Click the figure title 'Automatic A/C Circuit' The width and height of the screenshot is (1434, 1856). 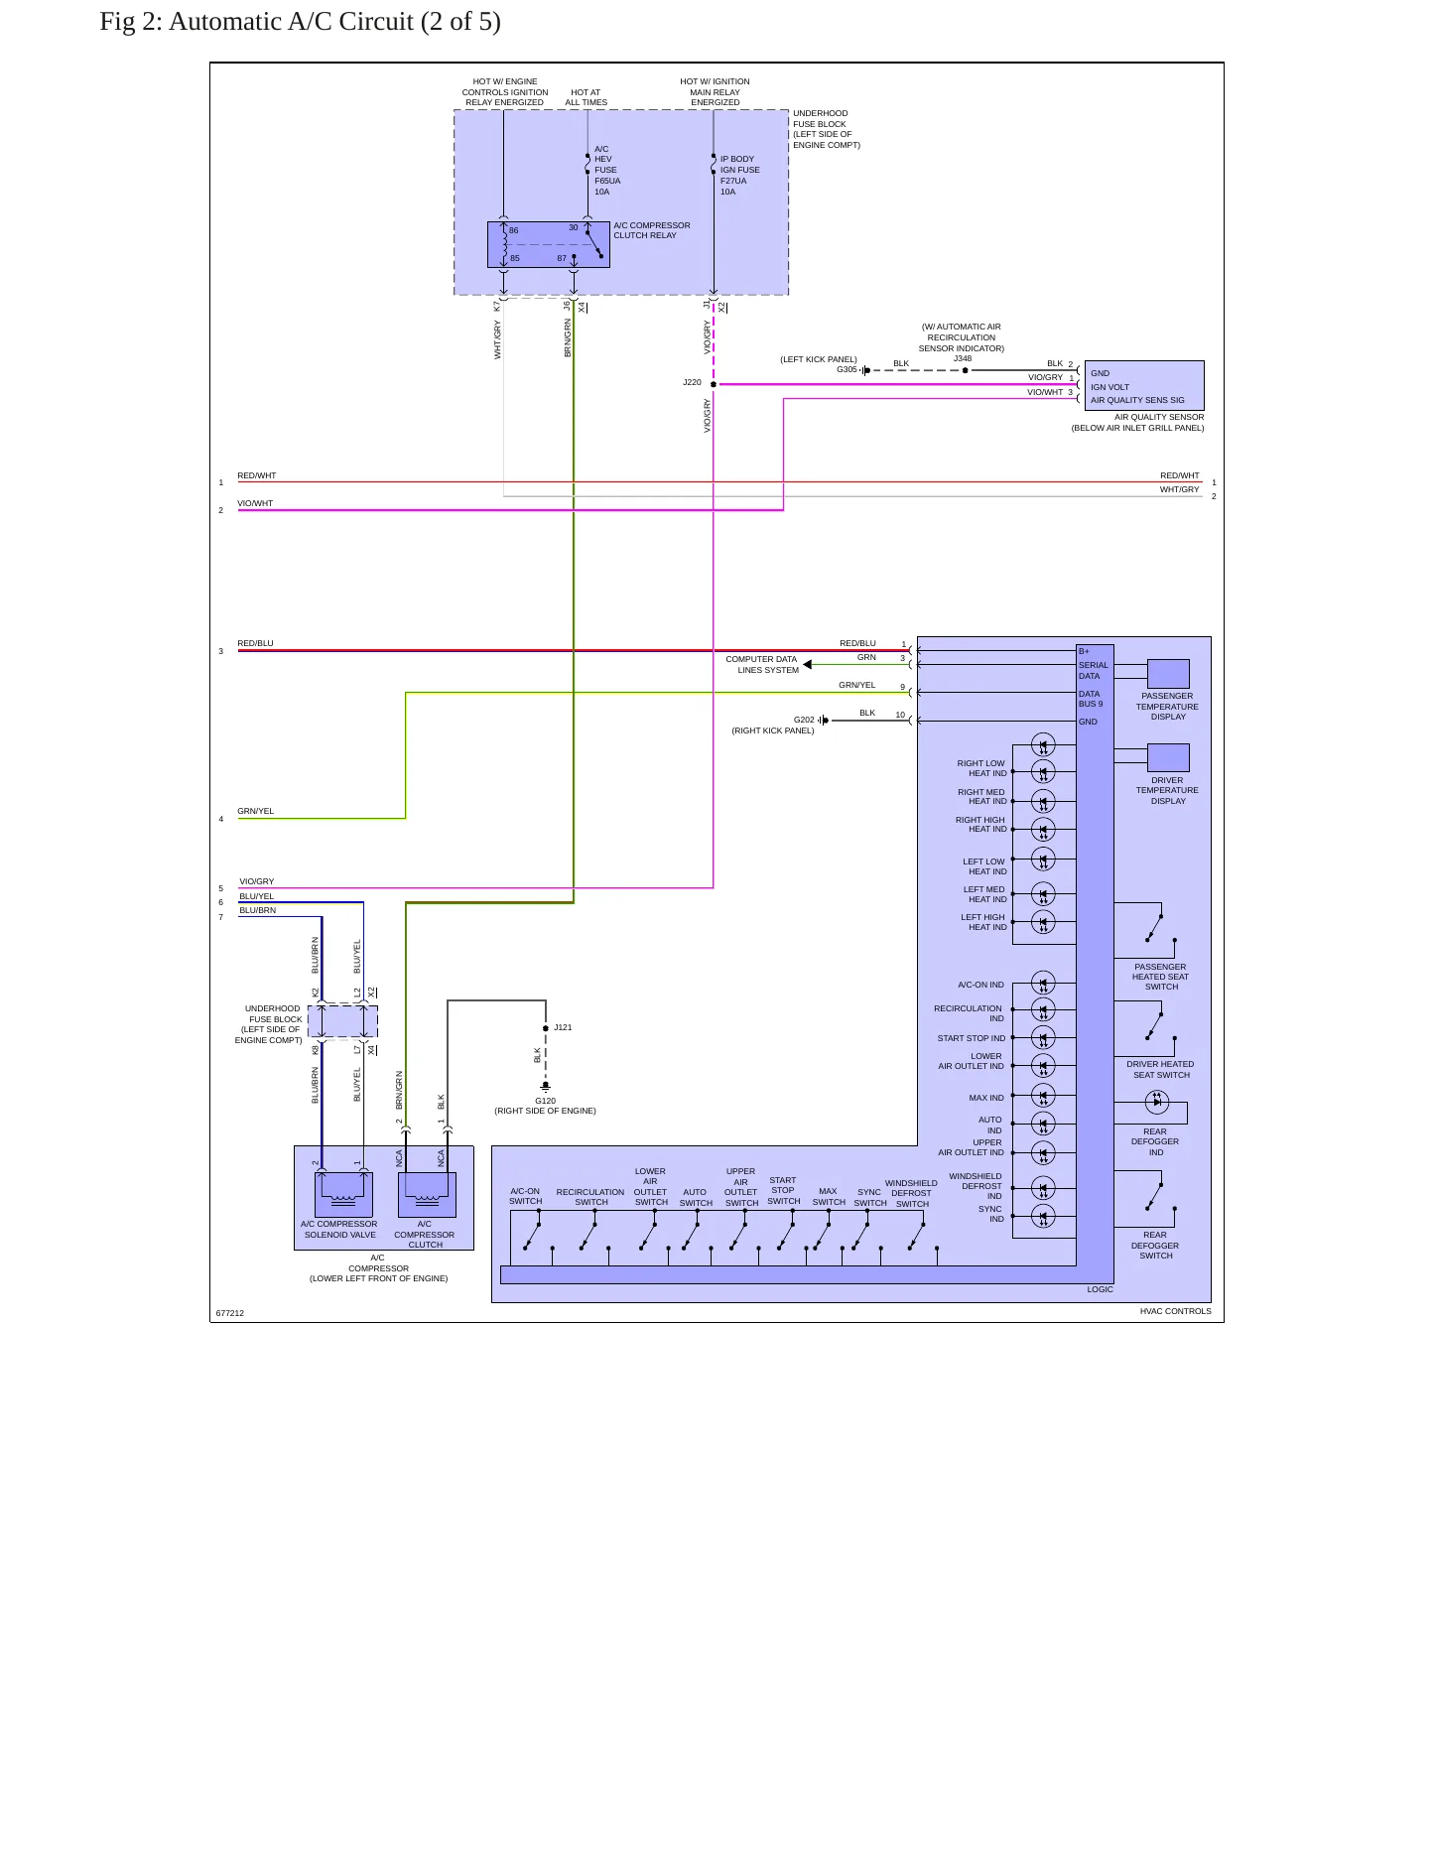[291, 22]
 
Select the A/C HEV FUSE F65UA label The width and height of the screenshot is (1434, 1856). [607, 171]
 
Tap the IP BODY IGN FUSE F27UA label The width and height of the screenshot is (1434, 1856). [740, 176]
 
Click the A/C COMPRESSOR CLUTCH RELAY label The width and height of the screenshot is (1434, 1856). [652, 230]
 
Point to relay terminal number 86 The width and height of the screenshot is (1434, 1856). [514, 231]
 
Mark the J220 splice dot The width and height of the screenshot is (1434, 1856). [714, 384]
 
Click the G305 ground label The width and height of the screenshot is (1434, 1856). [847, 369]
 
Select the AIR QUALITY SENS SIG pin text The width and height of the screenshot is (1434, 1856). [1137, 400]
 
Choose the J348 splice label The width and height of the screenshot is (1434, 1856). [963, 358]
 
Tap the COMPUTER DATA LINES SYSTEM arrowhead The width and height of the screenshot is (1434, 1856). [808, 665]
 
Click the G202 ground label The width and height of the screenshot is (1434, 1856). [804, 720]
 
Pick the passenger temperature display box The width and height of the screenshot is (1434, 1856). [1168, 674]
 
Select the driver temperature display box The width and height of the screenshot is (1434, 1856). [1168, 758]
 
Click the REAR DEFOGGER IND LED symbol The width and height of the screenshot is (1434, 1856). [1157, 1101]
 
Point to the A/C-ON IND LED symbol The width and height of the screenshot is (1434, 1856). [1043, 984]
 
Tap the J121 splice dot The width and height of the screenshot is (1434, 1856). [546, 1028]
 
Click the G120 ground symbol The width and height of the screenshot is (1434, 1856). [546, 1088]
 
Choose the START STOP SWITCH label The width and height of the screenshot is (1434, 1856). [783, 1191]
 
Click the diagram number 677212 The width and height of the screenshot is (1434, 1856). [230, 1313]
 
